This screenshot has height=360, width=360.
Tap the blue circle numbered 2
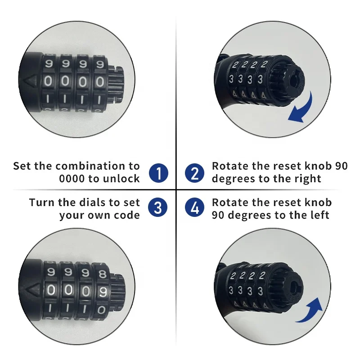(194, 173)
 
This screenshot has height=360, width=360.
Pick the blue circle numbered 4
(194, 208)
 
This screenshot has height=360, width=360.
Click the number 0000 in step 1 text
(72, 179)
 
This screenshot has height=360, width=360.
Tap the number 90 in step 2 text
(341, 166)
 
